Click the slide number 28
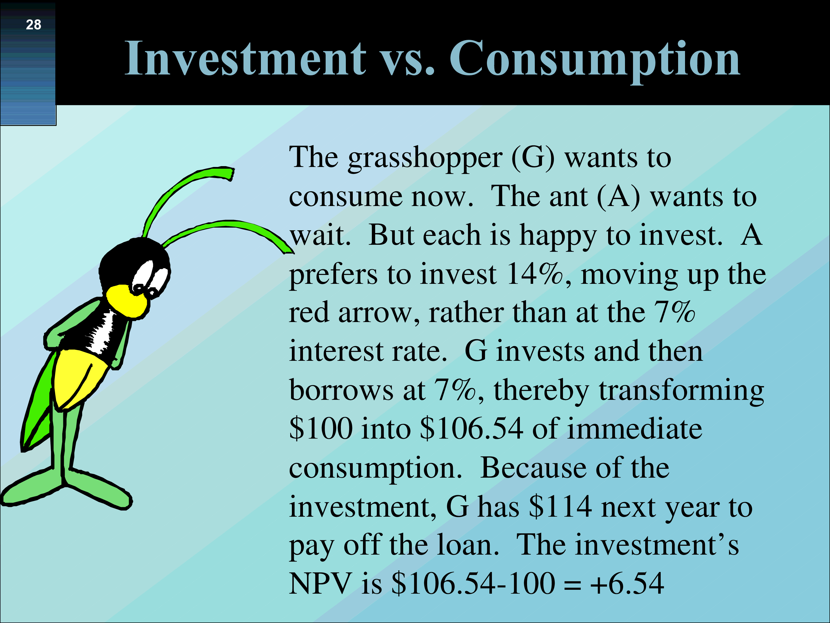tap(33, 25)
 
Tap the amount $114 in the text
tap(560, 507)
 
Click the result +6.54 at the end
tap(627, 584)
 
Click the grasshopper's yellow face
tap(127, 301)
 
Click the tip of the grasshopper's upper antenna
tap(231, 174)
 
